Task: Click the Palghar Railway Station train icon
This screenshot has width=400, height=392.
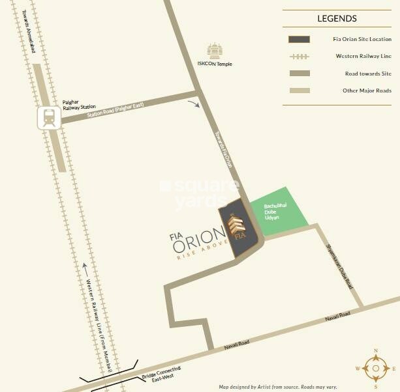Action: point(48,117)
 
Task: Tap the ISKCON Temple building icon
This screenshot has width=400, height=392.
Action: point(214,51)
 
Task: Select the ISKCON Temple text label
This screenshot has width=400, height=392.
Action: point(215,64)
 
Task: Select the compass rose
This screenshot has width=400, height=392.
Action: point(375,368)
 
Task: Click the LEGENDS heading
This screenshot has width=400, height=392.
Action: point(337,19)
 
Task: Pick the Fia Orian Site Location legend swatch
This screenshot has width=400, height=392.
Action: point(299,39)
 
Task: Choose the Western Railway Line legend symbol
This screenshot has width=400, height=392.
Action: point(299,56)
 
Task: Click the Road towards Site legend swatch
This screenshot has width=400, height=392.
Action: point(299,73)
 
